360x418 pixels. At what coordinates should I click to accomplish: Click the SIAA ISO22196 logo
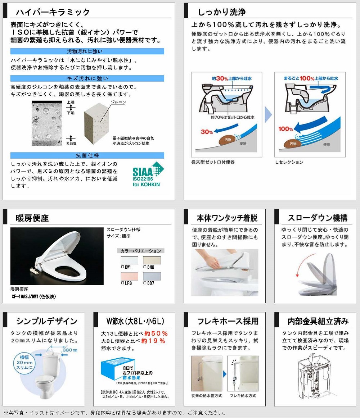(x=148, y=174)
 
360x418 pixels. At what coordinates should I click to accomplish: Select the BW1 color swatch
(x=130, y=260)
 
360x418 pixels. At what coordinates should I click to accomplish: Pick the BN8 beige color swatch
(x=152, y=260)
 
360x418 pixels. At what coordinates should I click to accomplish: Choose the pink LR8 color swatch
(x=130, y=276)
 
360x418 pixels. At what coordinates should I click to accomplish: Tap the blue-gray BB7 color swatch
(x=152, y=276)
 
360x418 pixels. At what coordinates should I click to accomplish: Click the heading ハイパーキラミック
(x=53, y=12)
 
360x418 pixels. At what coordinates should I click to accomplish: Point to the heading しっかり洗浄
(x=222, y=12)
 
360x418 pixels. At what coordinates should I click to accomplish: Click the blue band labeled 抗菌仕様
(x=87, y=155)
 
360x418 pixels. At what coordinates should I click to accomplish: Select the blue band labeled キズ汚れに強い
(x=87, y=78)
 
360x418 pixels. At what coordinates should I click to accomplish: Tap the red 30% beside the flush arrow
(x=207, y=132)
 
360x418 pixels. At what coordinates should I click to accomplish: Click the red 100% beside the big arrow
(x=285, y=129)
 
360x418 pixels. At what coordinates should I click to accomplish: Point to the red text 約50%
(x=156, y=333)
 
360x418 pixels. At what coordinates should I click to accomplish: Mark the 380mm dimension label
(x=70, y=350)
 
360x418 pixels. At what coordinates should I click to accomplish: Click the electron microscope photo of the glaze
(x=47, y=123)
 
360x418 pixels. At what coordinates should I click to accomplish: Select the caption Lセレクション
(x=289, y=162)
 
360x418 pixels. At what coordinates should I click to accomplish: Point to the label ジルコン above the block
(x=118, y=102)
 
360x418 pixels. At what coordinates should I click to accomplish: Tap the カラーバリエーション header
(x=141, y=251)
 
